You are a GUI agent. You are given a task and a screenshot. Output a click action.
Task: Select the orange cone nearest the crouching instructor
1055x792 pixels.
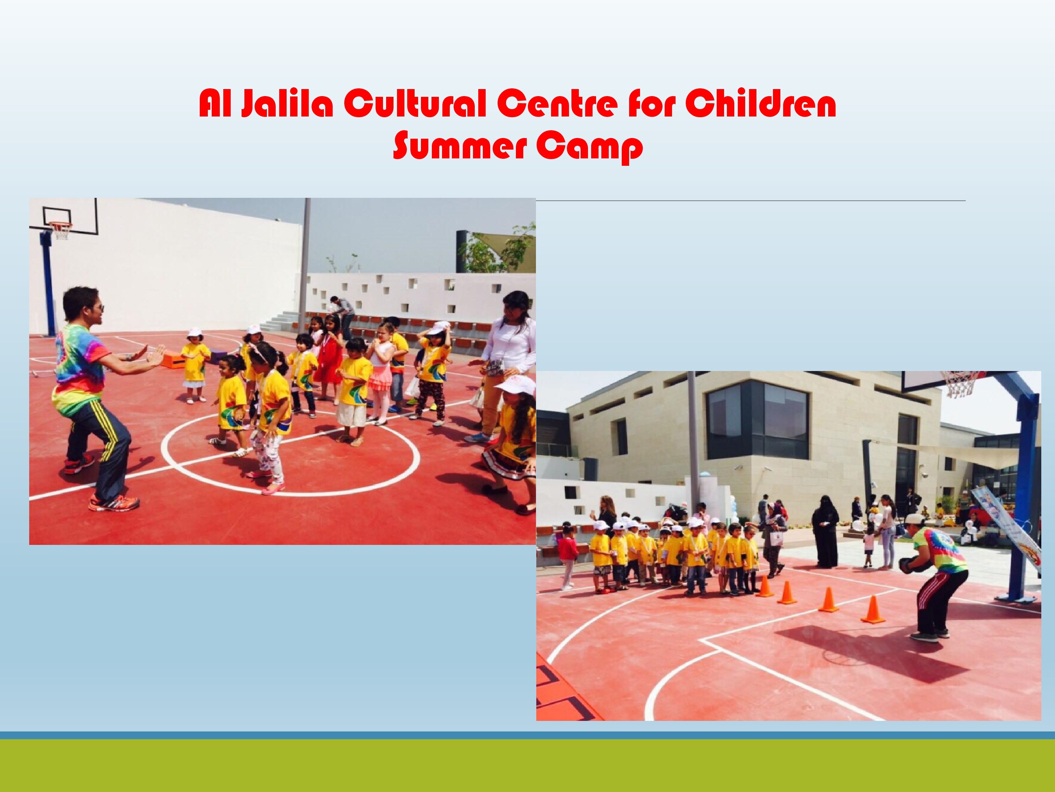(x=873, y=610)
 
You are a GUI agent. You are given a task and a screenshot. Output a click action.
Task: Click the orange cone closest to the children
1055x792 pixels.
(x=765, y=586)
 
